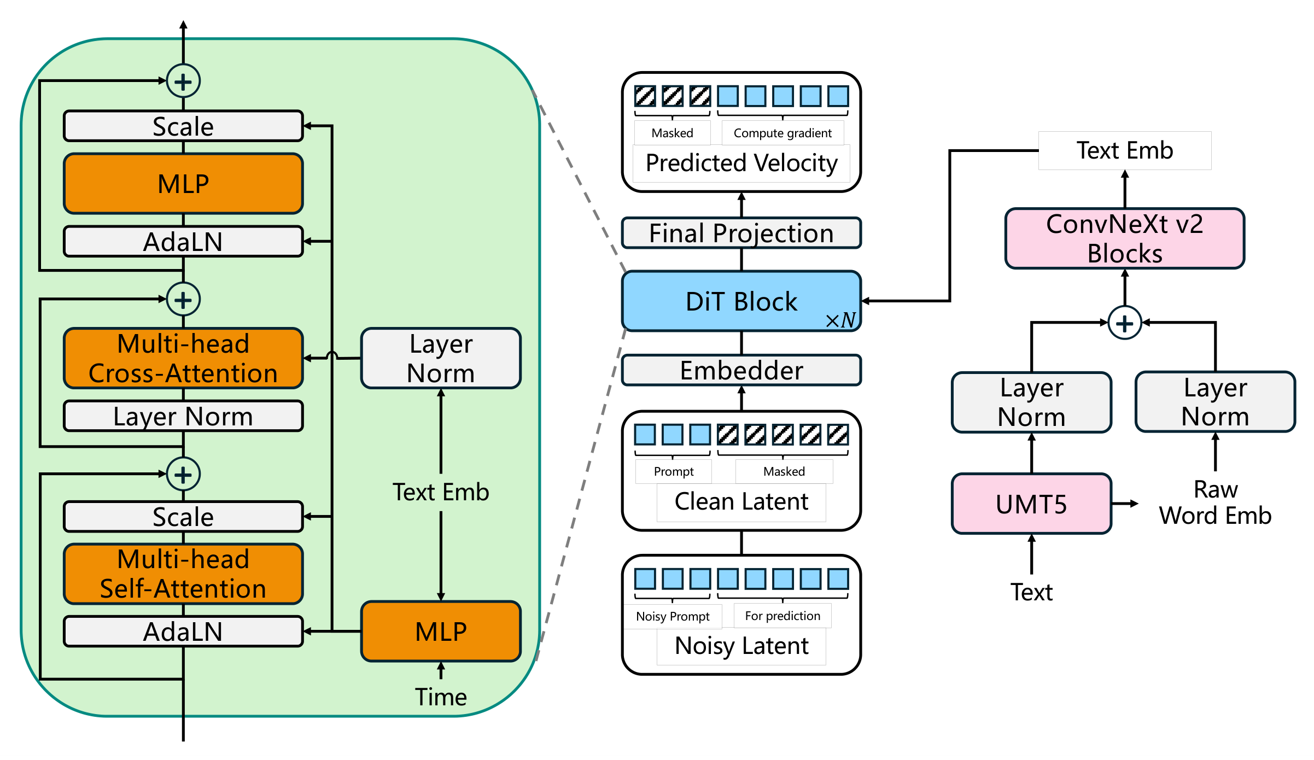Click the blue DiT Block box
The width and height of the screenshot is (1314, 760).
[741, 301]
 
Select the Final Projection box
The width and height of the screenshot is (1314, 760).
[741, 233]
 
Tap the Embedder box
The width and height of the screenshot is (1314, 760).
[741, 371]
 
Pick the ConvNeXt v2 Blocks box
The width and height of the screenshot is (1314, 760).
[1124, 239]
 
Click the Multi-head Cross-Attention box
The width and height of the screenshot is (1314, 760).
[183, 359]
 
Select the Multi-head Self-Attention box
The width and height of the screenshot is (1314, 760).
[183, 574]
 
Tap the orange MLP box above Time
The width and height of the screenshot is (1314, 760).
[441, 632]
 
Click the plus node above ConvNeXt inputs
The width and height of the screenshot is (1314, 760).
[1124, 323]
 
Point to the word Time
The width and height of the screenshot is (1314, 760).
[441, 697]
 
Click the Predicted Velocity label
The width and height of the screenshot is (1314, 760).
[741, 163]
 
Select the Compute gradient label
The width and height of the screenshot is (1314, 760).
[782, 133]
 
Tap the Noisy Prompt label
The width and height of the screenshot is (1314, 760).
[673, 617]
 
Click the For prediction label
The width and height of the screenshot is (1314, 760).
[782, 616]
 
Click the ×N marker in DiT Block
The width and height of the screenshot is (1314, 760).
[840, 320]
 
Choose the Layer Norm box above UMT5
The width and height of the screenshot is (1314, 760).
[1031, 402]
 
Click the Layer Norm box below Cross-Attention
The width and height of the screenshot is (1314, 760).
[183, 417]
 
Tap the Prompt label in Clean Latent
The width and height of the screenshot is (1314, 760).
[674, 472]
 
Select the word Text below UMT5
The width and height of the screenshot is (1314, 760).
[1031, 592]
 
